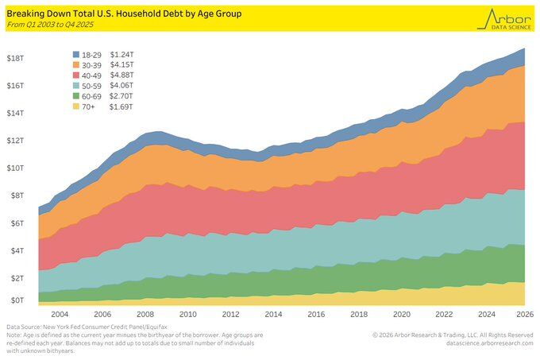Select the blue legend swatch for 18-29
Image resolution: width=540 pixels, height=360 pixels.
click(x=77, y=54)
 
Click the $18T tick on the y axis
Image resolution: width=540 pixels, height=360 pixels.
click(x=16, y=58)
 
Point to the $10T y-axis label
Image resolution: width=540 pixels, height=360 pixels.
click(x=16, y=168)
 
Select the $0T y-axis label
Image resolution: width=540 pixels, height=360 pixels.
click(x=16, y=300)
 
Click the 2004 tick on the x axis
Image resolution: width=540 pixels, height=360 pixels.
click(x=60, y=314)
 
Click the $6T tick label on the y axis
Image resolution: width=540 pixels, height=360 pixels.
click(x=16, y=223)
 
